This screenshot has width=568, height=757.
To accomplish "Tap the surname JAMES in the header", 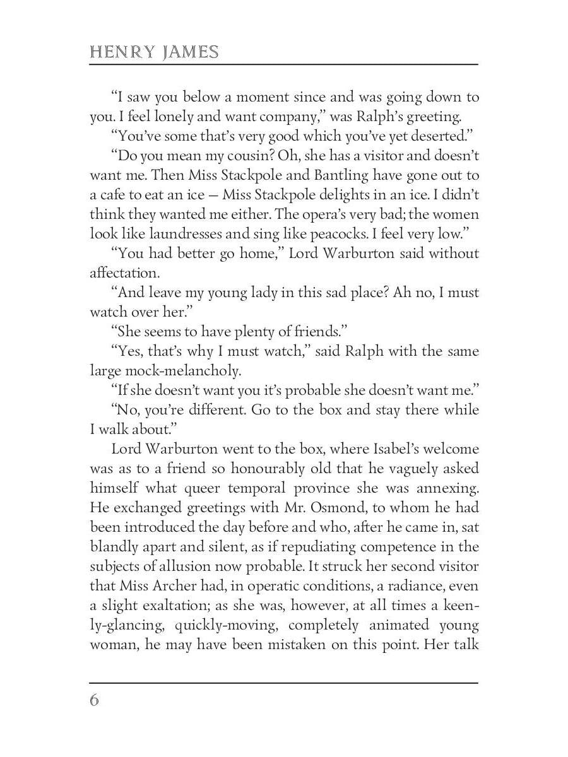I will pyautogui.click(x=190, y=52).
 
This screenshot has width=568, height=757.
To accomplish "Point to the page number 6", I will pyautogui.click(x=95, y=700).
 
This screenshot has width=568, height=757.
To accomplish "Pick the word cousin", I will pyautogui.click(x=253, y=156).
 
